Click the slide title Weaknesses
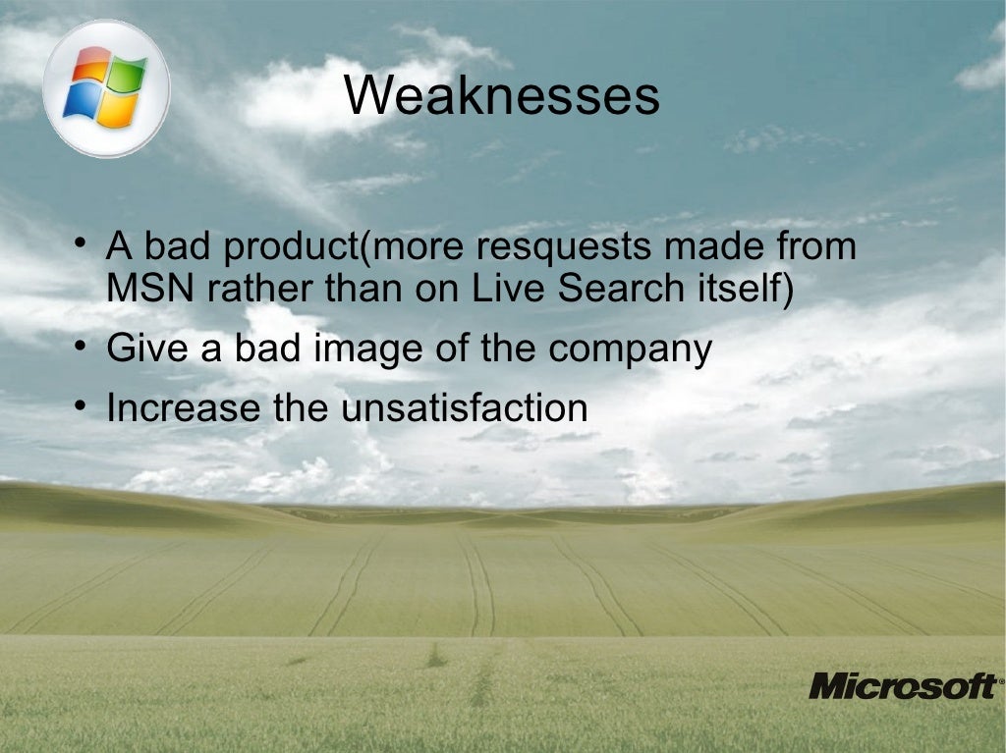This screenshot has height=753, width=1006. [502, 96]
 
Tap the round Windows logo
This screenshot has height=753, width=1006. [105, 89]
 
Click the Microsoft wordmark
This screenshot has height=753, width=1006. [901, 685]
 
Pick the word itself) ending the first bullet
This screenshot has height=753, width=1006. [746, 289]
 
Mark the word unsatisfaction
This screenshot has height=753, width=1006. [464, 407]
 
